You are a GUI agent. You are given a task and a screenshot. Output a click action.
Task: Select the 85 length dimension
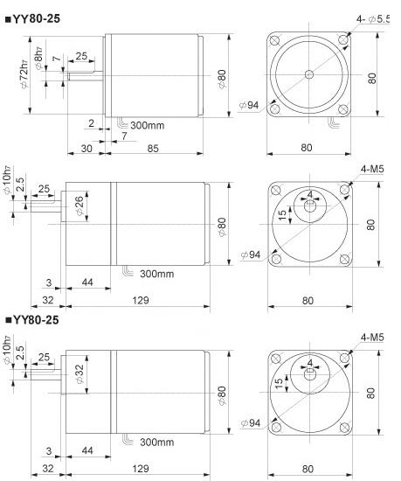click(152, 149)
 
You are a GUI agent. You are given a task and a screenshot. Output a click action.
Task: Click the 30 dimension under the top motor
click(86, 149)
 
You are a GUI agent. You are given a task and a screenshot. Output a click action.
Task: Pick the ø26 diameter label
click(81, 207)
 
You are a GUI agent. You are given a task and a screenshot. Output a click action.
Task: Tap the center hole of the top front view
click(308, 75)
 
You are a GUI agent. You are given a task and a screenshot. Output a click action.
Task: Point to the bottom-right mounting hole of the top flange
click(342, 110)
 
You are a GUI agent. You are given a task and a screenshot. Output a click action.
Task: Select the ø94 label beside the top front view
click(250, 106)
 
